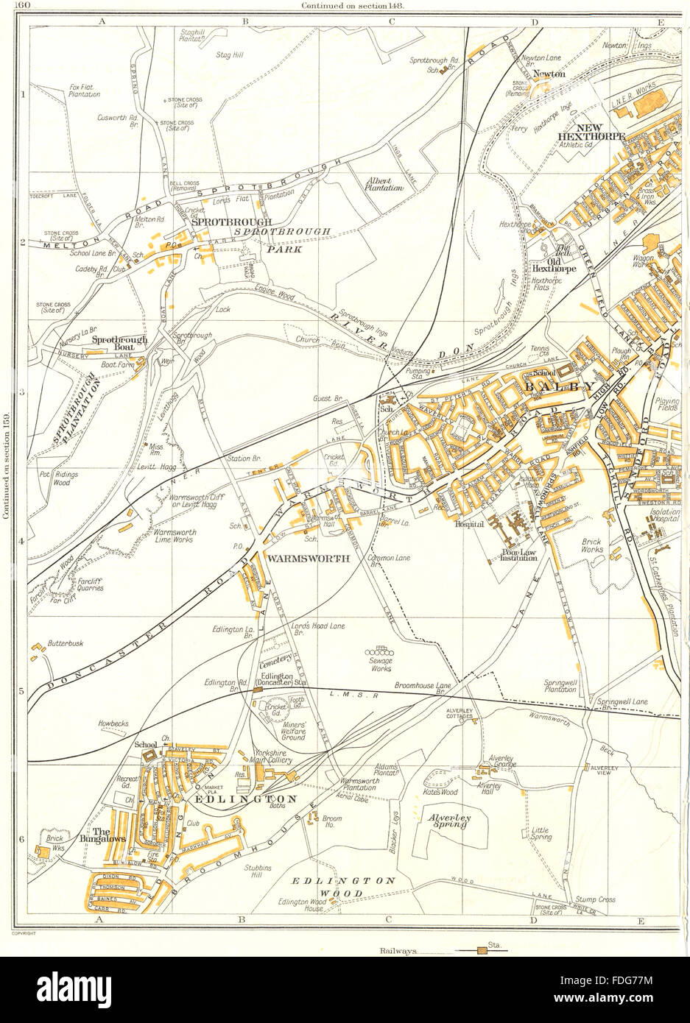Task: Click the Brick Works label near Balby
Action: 592,546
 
